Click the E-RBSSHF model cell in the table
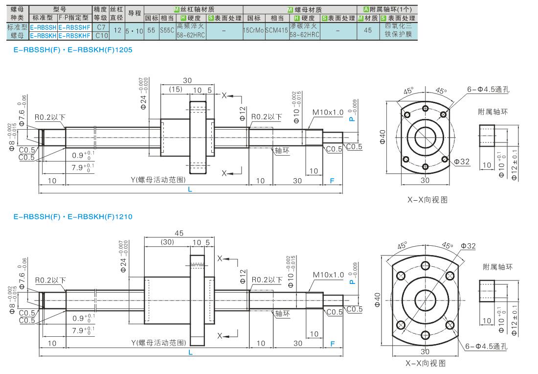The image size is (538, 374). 74,27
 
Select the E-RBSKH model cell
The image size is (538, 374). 43,36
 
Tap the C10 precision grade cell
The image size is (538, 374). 102,36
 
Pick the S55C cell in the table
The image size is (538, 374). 167,30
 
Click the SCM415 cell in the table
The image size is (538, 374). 276,30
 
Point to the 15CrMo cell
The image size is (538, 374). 253,30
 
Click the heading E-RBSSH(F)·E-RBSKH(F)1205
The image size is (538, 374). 73,50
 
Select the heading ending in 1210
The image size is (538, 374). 73,217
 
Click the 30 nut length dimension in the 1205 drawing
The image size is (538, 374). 187,80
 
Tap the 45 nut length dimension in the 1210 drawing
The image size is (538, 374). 179,233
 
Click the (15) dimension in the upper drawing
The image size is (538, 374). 176,89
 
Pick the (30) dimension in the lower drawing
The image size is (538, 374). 167,242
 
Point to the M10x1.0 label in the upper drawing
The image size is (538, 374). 328,112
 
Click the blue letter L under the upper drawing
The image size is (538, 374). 190,189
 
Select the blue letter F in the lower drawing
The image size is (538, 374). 332,344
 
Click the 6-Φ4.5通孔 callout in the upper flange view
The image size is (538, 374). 488,89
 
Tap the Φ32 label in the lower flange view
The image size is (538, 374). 469,246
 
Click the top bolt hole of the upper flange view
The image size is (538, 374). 426,109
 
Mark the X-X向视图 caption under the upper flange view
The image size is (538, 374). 427,200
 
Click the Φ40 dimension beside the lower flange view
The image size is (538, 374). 378,300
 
